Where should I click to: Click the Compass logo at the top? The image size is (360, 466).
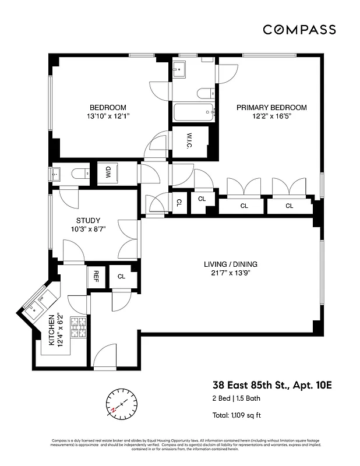click(x=299, y=30)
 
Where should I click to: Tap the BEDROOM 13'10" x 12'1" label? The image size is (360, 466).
click(x=108, y=112)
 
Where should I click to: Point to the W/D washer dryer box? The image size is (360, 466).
click(x=108, y=173)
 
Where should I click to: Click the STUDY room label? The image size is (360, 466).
click(x=88, y=225)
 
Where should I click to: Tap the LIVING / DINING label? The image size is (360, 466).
click(x=230, y=269)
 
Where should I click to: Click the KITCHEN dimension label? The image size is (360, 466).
click(x=56, y=330)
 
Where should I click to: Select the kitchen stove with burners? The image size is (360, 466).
click(x=77, y=329)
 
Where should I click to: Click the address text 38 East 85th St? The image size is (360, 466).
click(x=273, y=385)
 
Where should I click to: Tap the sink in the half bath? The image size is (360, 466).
click(x=57, y=173)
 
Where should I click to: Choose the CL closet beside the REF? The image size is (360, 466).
click(x=121, y=277)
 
